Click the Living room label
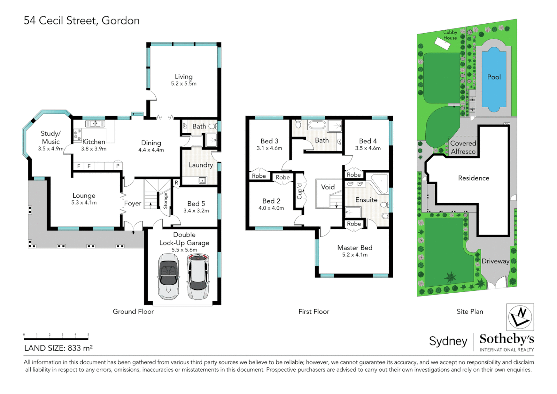pos(183,77)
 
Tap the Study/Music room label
pos(51,138)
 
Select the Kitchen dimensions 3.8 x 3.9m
pos(94,149)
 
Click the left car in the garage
pos(168,277)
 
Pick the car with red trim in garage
pos(198,277)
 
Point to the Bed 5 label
pos(196,204)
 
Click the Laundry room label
pos(200,165)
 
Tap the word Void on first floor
pos(328,187)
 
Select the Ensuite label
pos(366,200)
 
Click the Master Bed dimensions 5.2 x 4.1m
pos(355,255)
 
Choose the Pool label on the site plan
pos(494,77)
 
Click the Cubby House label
pos(450,35)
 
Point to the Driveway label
pos(495,261)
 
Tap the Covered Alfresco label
pos(463,147)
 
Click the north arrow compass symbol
pos(520,317)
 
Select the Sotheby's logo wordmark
pos(507,339)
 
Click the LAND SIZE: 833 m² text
pos(58,348)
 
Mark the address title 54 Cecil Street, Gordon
pos(82,20)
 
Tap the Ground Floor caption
pos(133,312)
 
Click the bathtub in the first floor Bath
pos(317,125)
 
